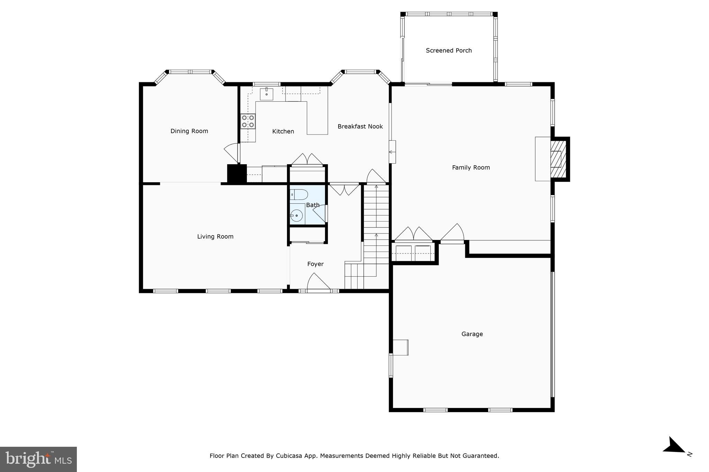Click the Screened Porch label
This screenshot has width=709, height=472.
449,50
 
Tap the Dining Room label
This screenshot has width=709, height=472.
189,131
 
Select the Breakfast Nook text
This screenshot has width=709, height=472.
360,127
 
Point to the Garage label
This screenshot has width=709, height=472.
472,334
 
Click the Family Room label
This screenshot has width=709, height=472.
471,168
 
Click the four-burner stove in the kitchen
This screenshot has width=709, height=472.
248,121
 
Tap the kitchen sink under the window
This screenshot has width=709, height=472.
266,94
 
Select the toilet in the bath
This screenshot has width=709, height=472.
298,195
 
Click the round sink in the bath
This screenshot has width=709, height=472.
296,216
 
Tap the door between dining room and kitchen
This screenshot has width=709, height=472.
233,152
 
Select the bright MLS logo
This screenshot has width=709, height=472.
38,459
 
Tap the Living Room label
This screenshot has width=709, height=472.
215,237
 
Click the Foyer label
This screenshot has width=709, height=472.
315,264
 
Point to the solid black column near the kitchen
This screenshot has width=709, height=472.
237,174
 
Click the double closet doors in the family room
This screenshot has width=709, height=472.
413,234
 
